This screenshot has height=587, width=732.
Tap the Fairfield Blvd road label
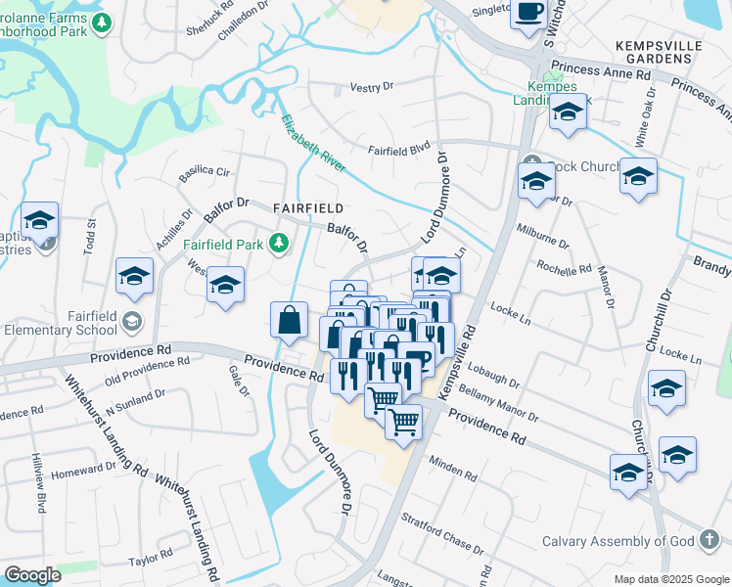coord(399,151)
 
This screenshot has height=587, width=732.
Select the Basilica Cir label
coord(204,173)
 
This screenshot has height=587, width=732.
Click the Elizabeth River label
coord(312,145)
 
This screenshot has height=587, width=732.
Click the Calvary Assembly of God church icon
coord(709,541)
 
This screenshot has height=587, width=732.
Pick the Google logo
coord(32,575)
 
